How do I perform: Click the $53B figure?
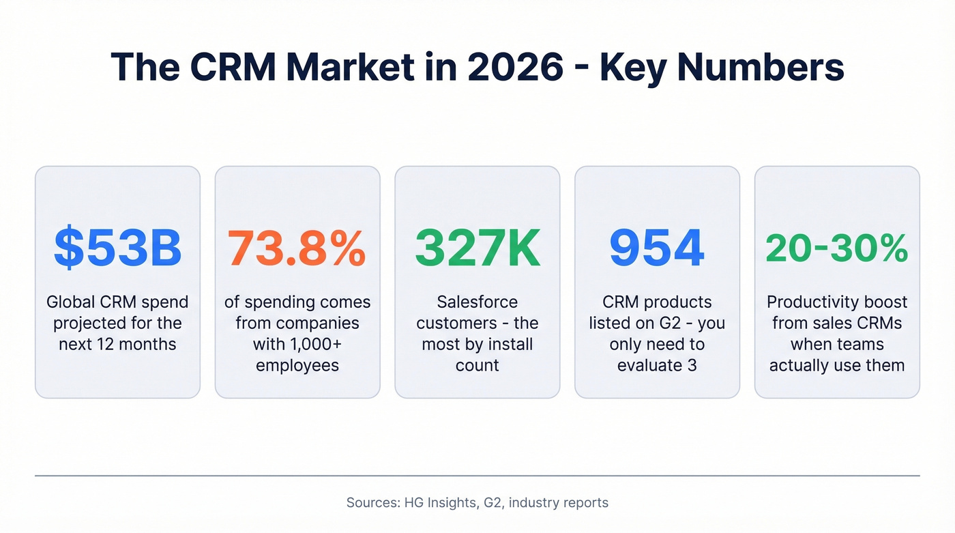pos(117,248)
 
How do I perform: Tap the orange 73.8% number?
pos(297,248)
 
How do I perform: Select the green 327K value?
pos(477,248)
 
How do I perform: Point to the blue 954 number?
pos(657,248)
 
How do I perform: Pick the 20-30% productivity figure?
pos(837,248)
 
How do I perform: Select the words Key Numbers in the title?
pos(722,68)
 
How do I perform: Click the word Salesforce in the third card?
pos(477,302)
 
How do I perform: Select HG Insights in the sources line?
pos(437,503)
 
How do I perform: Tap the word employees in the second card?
pos(297,365)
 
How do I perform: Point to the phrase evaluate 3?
pos(657,365)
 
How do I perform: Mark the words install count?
pos(477,355)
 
